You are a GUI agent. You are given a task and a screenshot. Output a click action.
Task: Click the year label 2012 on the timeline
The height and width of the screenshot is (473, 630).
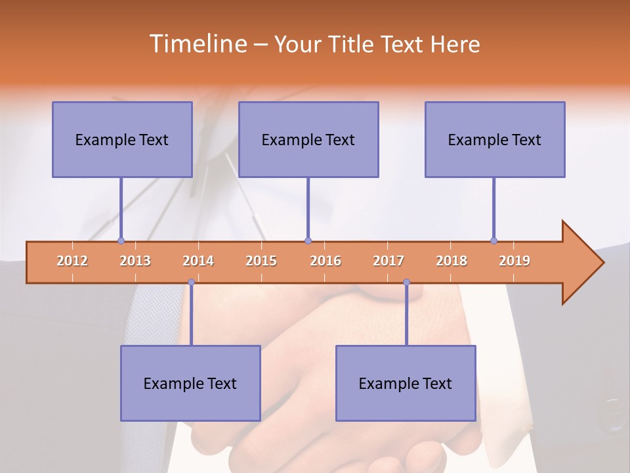72,261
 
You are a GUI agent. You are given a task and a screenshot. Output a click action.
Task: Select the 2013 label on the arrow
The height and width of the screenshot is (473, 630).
135,261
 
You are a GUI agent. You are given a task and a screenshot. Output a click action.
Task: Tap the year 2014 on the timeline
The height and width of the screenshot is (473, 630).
198,261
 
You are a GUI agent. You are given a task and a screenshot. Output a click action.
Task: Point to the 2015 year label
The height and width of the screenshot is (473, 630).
261,261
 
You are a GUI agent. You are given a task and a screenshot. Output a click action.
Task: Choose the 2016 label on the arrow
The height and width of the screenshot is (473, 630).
325,261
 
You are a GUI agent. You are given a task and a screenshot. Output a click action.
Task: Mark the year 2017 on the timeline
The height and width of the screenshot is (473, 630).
388,261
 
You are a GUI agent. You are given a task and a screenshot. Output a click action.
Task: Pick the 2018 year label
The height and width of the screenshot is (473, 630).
451,261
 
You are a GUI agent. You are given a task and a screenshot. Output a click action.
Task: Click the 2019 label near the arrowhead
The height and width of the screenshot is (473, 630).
514,261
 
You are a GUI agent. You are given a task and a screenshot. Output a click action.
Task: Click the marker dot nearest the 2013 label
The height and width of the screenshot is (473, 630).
121,241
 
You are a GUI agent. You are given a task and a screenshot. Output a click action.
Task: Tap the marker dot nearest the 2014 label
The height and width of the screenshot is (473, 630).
191,282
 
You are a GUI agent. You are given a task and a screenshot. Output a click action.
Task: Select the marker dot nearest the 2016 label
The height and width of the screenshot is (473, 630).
308,241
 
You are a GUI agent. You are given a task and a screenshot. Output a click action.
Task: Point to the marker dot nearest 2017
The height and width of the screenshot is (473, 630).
406,282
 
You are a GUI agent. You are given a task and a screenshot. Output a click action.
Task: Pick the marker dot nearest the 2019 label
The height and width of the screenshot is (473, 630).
493,241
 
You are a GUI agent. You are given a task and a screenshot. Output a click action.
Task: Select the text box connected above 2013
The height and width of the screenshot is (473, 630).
122,139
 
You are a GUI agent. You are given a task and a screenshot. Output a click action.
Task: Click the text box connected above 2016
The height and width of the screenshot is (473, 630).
308,139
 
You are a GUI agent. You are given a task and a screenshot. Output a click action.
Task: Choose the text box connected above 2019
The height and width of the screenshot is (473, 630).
495,139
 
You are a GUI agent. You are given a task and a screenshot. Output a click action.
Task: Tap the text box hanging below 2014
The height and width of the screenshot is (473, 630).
190,383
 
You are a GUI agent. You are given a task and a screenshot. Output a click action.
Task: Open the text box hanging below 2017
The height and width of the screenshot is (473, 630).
406,383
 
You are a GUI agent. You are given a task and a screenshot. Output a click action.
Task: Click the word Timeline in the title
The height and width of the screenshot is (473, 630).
197,44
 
